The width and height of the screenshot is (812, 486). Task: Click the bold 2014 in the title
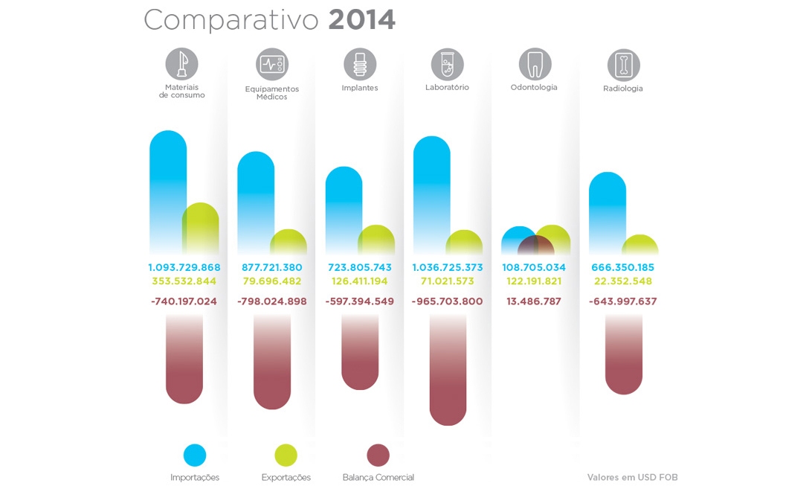361,20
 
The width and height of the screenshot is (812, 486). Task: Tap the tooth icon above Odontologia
535,64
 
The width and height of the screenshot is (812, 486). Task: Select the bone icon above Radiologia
623,65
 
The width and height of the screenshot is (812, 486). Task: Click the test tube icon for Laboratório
447,65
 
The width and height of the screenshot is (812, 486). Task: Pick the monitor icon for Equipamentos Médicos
271,65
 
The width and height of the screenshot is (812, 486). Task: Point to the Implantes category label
360,88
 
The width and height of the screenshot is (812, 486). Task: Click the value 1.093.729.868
184,267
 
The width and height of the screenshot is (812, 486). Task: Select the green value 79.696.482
271,281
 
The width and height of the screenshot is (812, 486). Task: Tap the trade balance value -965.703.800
447,301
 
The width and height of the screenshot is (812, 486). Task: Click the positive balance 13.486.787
534,301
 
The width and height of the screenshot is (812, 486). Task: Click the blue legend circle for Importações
195,455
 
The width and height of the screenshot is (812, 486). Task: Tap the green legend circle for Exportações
286,455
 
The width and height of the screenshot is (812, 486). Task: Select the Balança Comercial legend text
378,478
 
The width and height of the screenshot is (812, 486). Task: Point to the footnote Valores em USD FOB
632,478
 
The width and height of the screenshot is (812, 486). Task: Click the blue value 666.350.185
623,267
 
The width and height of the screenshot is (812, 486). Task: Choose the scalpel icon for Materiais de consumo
182,64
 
